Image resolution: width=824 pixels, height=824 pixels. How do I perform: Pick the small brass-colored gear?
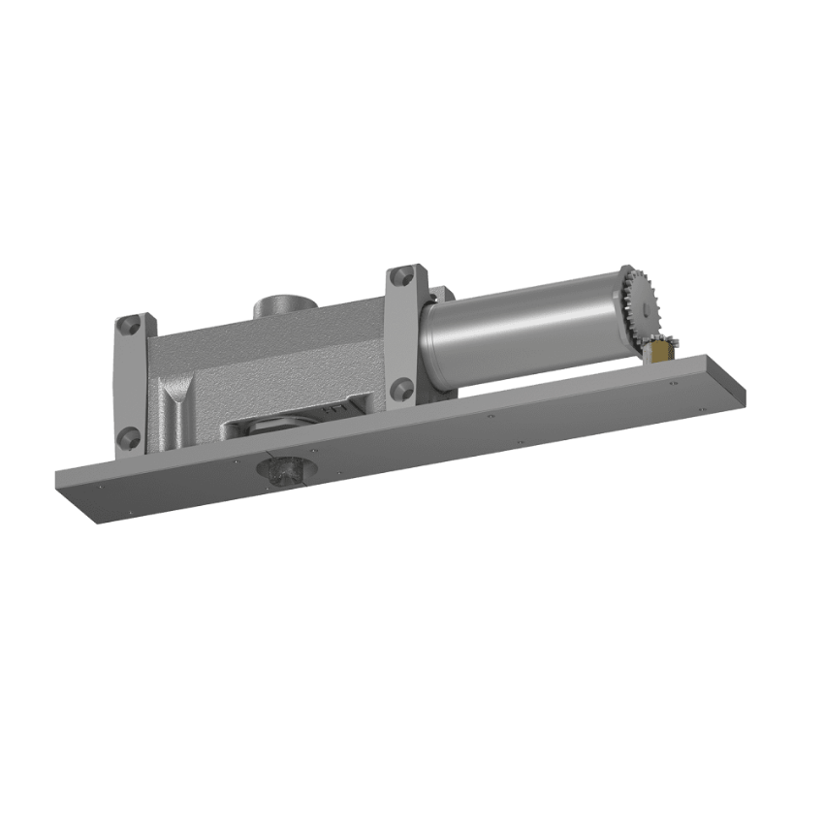point(665,349)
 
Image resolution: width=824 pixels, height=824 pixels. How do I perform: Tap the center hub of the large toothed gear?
point(643,308)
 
